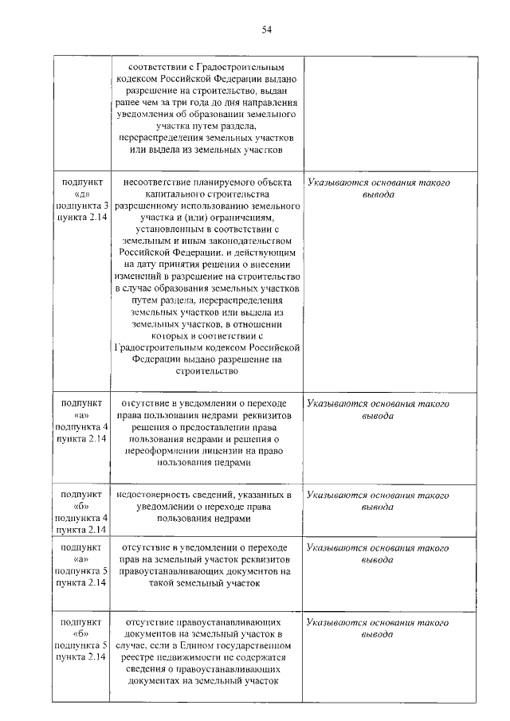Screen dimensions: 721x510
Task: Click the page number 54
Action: [267, 30]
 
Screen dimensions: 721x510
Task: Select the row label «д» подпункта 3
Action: [80, 194]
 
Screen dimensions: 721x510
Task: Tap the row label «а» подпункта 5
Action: [80, 559]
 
